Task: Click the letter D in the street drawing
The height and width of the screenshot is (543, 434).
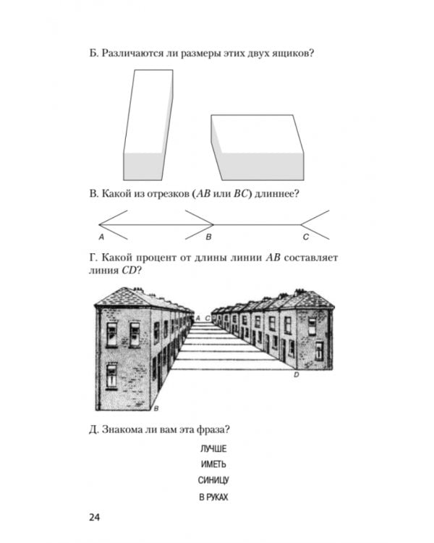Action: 296,376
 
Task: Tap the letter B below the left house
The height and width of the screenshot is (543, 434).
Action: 146,409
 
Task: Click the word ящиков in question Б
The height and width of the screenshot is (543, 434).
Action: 275,54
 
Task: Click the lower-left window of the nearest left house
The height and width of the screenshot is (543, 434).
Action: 112,375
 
